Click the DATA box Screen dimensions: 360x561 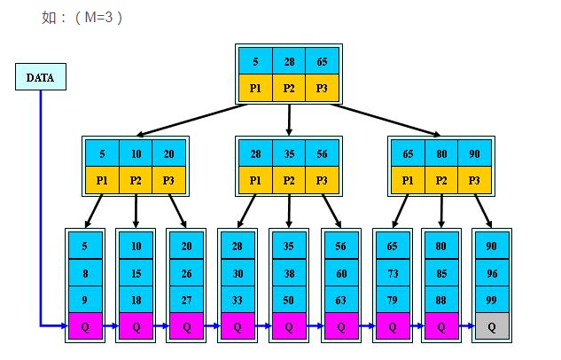click(x=40, y=78)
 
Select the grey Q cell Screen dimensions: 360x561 click(x=493, y=326)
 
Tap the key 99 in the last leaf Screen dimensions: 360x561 click(x=493, y=301)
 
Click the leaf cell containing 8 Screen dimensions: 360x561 click(x=85, y=274)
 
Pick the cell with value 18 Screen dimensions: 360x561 click(x=136, y=301)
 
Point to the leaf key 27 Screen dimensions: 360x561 click(x=187, y=301)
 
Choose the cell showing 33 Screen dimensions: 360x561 click(x=238, y=301)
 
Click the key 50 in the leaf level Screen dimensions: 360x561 click(x=289, y=301)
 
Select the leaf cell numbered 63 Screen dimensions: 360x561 click(x=340, y=301)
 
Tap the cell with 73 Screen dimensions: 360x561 click(x=392, y=274)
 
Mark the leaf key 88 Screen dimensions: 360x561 click(x=441, y=301)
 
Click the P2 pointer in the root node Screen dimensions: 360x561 click(x=289, y=88)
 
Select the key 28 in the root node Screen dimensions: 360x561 click(x=289, y=62)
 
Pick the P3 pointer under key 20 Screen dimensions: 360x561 click(x=169, y=179)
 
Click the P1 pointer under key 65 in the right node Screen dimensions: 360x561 click(x=409, y=179)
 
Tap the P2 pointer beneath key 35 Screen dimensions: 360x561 click(x=289, y=179)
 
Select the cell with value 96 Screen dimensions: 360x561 click(x=493, y=274)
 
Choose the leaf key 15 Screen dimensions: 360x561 click(x=136, y=274)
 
